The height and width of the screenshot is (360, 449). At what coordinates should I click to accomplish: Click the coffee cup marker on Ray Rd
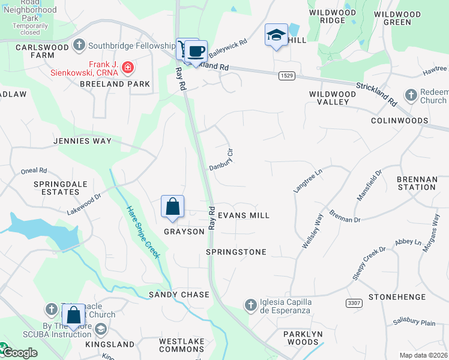[x=196, y=52]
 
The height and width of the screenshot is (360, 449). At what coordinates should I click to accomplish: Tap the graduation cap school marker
[x=276, y=35]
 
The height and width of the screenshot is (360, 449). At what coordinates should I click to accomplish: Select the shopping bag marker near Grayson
[x=172, y=207]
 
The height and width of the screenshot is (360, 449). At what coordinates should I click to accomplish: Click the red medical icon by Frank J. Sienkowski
[x=127, y=68]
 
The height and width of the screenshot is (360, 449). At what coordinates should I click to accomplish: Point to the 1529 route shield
[x=286, y=74]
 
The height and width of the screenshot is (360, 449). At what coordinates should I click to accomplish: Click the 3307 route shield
[x=354, y=304]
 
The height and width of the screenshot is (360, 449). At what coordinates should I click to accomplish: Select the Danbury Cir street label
[x=220, y=159]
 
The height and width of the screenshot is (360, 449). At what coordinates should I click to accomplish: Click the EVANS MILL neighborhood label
[x=243, y=215]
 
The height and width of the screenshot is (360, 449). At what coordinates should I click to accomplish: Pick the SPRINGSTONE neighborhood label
[x=236, y=252]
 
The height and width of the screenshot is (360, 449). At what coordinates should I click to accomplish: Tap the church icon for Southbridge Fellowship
[x=79, y=46]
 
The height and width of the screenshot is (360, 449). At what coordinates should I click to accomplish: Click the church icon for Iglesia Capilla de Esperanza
[x=251, y=305]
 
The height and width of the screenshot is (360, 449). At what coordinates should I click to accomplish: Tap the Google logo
[x=20, y=353]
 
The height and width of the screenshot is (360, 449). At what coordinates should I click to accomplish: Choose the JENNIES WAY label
[x=83, y=141]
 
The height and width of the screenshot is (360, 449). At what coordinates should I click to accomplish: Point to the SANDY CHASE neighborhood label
[x=179, y=295]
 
